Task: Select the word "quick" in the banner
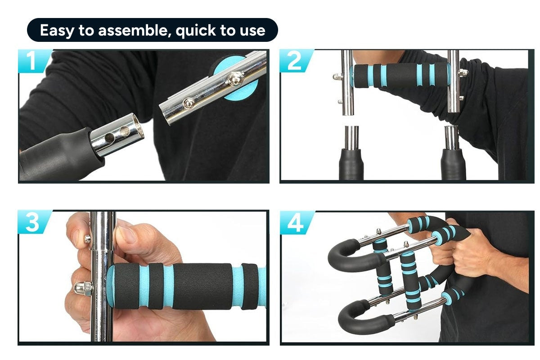pyautogui.click(x=195, y=31)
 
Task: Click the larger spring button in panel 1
pyautogui.click(x=234, y=79)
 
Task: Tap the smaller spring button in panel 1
pyautogui.click(x=189, y=103)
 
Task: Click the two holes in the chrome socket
pyautogui.click(x=118, y=134)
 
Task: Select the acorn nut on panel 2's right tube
pyautogui.click(x=463, y=72)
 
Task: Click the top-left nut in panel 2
pyautogui.click(x=337, y=77)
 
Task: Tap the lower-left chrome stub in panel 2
pyautogui.click(x=352, y=138)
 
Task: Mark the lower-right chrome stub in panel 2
pyautogui.click(x=451, y=138)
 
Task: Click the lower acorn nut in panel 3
pyautogui.click(x=83, y=288)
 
